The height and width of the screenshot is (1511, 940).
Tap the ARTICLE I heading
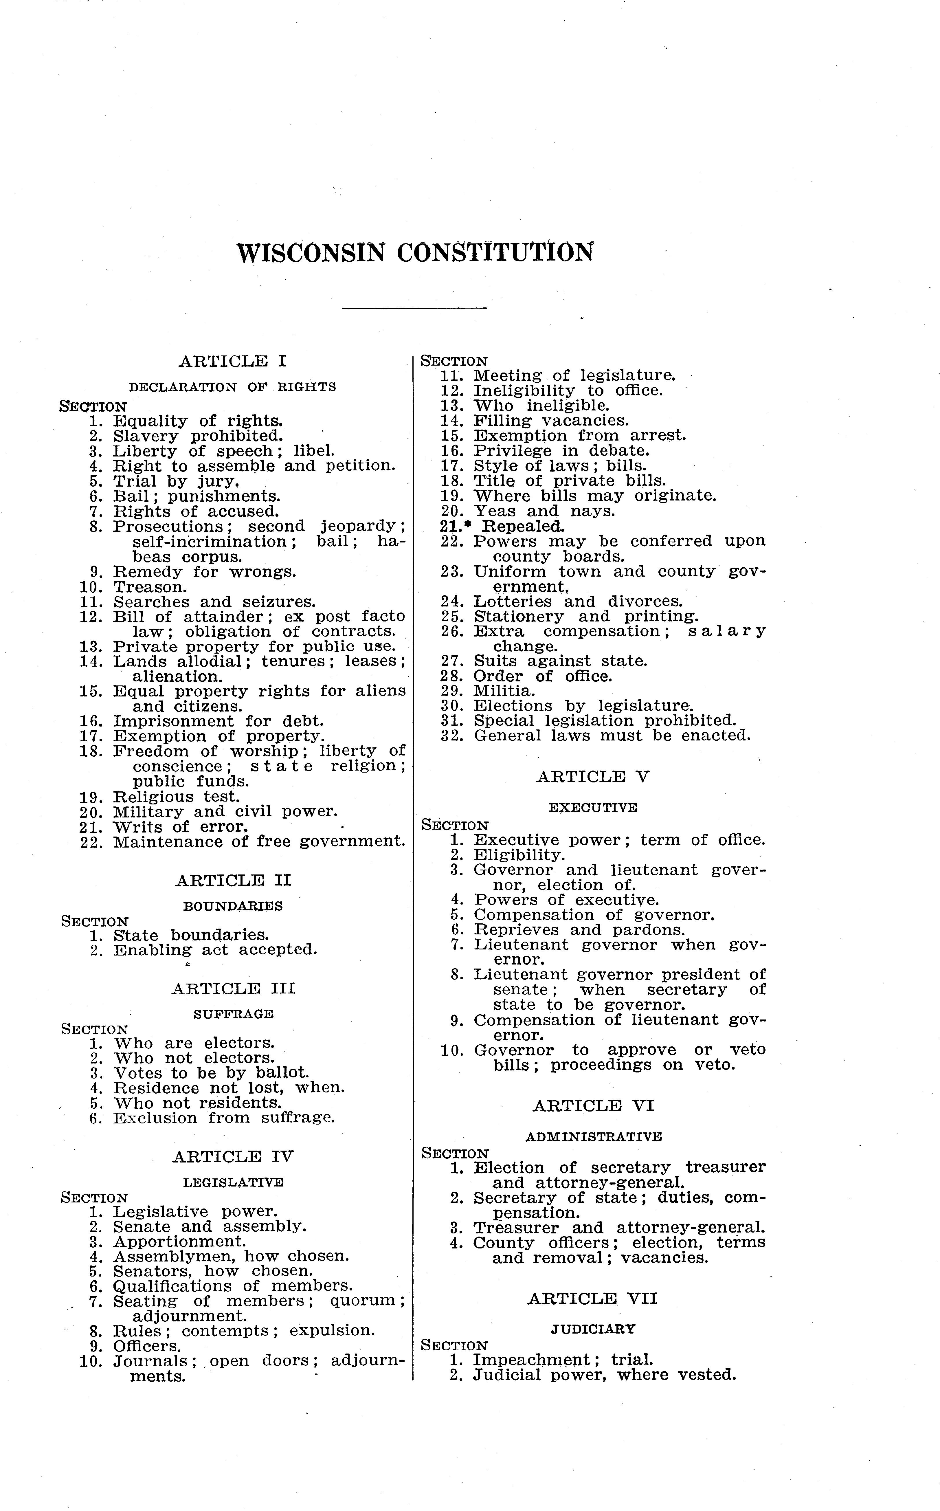click(232, 361)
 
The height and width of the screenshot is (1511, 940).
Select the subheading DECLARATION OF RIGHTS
click(232, 387)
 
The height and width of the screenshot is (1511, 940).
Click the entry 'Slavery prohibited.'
click(198, 436)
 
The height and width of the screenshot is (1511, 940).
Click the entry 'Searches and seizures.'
click(214, 602)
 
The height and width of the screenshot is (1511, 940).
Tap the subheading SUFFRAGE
click(233, 1014)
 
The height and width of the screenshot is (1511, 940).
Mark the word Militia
click(504, 691)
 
